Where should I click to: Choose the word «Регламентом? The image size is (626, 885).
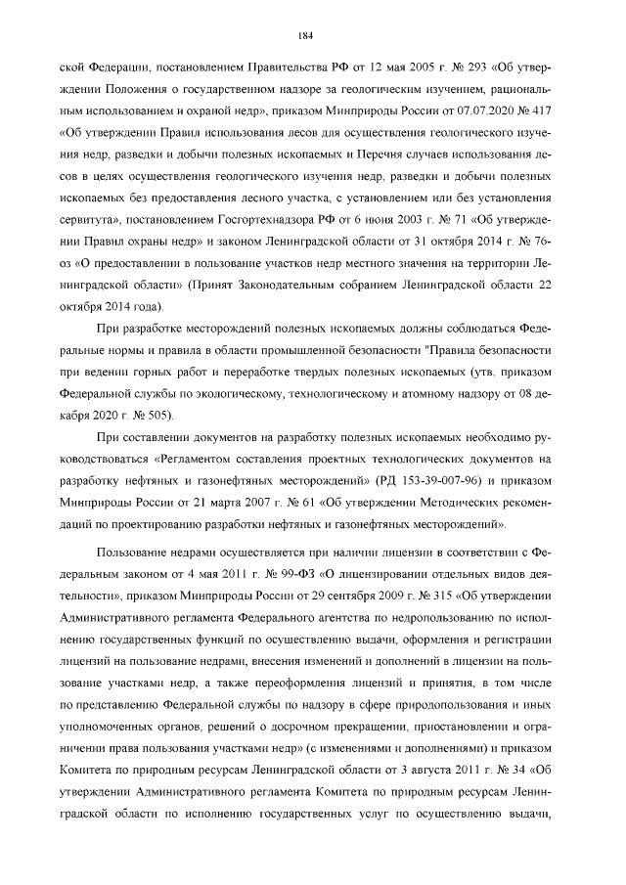(x=204, y=459)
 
